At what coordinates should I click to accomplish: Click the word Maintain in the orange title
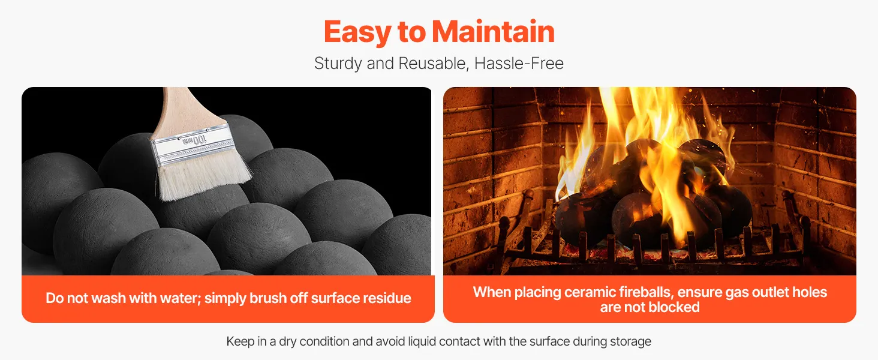493,31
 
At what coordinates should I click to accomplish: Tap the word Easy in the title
357,33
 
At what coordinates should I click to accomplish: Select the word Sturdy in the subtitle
338,64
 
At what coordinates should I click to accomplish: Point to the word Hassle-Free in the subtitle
519,63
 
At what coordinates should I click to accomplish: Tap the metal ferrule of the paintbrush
192,146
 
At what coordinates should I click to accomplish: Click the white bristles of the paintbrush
204,175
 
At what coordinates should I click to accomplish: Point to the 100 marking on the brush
199,140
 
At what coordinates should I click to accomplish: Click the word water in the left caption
181,298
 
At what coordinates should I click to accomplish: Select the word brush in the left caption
268,298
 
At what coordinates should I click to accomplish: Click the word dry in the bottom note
288,342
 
